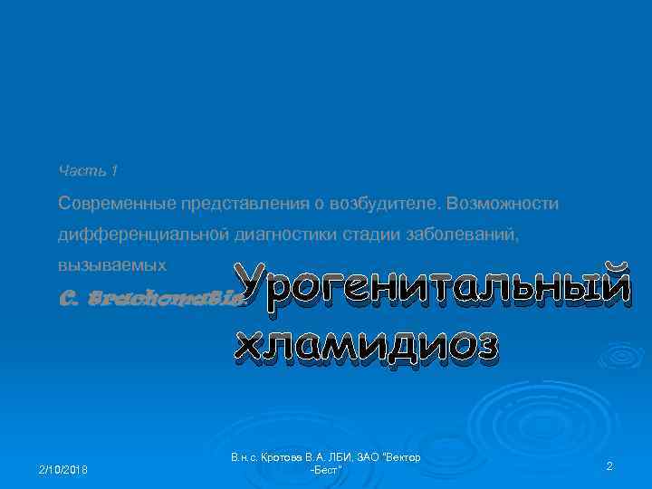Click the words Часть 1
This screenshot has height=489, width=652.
point(89,170)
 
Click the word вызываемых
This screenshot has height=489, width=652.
point(112,266)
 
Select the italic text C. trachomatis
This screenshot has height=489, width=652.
point(149,296)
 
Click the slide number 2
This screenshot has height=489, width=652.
point(609,465)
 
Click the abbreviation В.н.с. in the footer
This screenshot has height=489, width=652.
point(244,458)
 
